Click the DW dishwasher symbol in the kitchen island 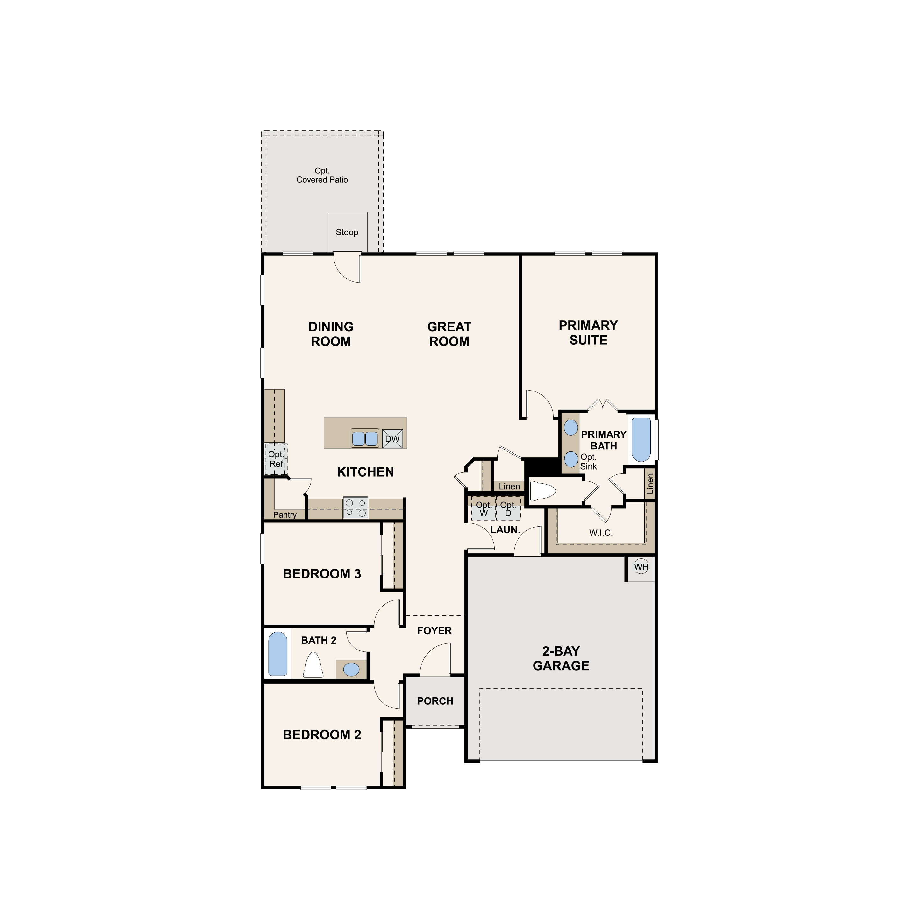click(x=392, y=439)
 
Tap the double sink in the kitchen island click(x=365, y=439)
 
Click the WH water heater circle click(x=641, y=567)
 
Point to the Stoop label click(x=347, y=232)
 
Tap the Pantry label click(x=285, y=514)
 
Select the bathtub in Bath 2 click(x=277, y=654)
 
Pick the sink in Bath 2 click(x=351, y=669)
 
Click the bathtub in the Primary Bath click(x=641, y=440)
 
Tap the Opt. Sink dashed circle click(x=571, y=458)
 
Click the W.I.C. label click(x=601, y=533)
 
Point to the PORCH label click(x=435, y=701)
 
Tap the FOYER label click(x=434, y=631)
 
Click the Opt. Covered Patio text click(x=322, y=175)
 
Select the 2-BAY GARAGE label click(x=561, y=658)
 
